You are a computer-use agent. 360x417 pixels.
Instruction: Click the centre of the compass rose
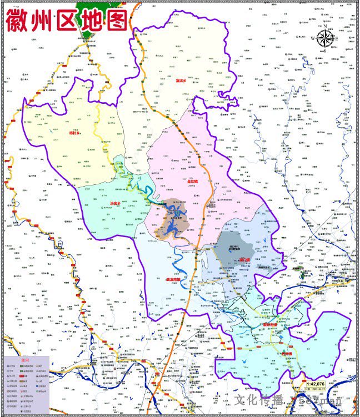(x=326, y=38)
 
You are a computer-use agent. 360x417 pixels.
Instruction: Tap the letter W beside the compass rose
(x=313, y=39)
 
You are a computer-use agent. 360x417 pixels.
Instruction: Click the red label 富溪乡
(x=182, y=81)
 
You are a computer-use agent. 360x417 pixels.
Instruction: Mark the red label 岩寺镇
(x=287, y=353)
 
